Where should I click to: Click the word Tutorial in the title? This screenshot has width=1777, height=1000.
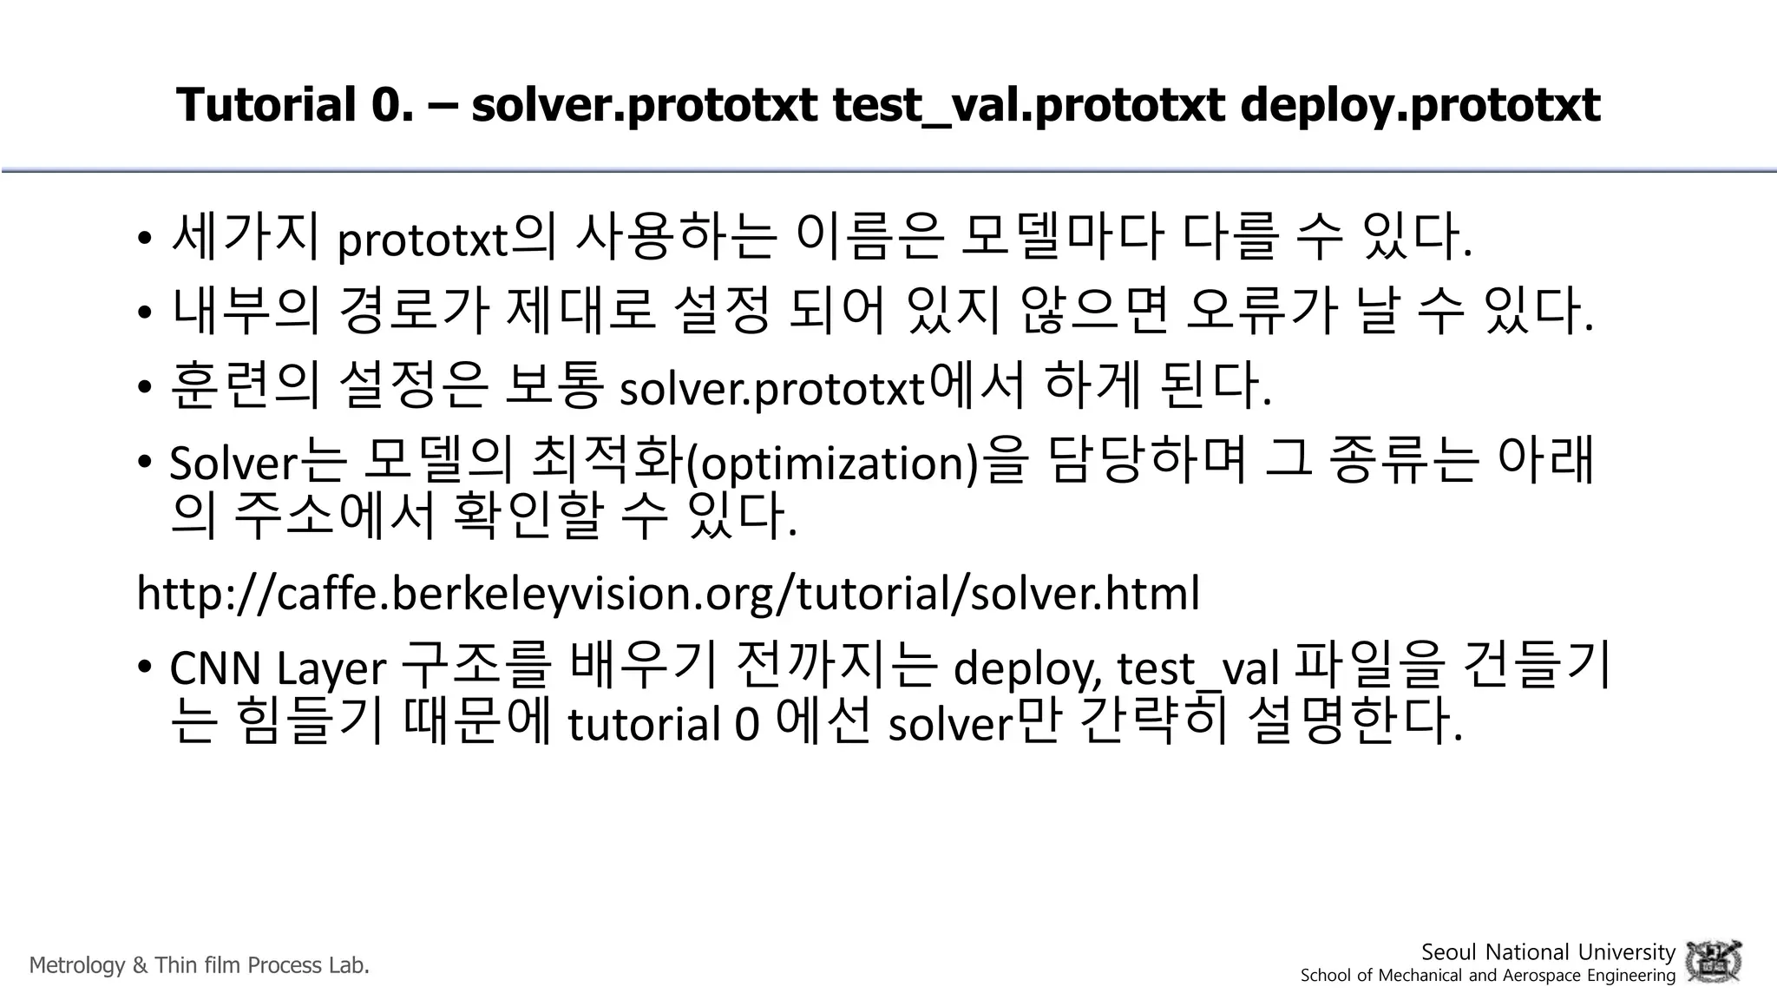(x=266, y=105)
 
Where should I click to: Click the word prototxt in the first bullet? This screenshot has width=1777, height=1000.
(x=422, y=240)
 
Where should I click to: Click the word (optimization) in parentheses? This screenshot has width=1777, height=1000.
(x=833, y=464)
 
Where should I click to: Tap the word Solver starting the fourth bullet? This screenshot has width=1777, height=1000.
(x=233, y=464)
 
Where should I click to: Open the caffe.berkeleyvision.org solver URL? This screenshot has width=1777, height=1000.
(x=668, y=594)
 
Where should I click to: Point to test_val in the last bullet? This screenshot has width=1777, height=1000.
(x=1197, y=669)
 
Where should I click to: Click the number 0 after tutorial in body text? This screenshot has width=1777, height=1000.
(x=746, y=725)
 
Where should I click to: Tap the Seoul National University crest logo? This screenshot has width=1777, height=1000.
(x=1714, y=962)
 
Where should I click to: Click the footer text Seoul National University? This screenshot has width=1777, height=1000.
(x=1548, y=952)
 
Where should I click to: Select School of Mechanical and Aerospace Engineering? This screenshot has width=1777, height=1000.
(x=1488, y=976)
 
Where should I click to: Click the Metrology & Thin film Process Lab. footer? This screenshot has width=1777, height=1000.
(x=200, y=965)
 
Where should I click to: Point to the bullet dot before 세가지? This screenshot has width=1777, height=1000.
(x=145, y=240)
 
